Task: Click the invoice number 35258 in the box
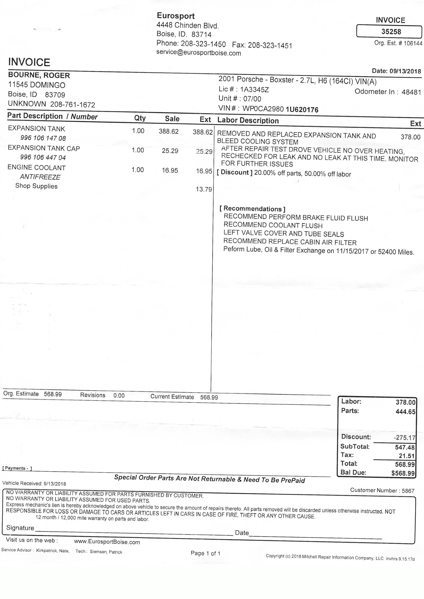(391, 32)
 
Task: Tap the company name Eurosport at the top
(176, 16)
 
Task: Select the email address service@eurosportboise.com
(198, 53)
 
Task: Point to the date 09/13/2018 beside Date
(405, 71)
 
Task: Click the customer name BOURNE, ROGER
(39, 75)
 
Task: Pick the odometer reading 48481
(411, 92)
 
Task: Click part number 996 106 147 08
(43, 138)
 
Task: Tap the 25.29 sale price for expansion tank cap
(170, 151)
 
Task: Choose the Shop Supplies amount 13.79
(204, 189)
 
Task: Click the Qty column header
(140, 118)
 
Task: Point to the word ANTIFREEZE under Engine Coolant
(40, 177)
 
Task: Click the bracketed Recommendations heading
(252, 209)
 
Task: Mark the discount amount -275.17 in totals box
(404, 438)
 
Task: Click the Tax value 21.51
(407, 456)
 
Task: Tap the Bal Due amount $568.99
(403, 473)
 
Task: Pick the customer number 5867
(408, 491)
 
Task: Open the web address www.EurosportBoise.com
(107, 542)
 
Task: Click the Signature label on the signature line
(20, 528)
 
